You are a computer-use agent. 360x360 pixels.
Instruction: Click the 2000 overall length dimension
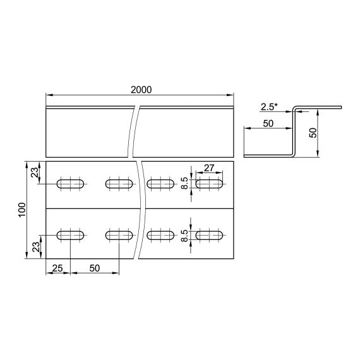click(141, 90)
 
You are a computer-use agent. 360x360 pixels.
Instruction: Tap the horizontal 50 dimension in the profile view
click(268, 124)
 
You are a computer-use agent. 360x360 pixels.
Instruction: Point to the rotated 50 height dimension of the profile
click(311, 132)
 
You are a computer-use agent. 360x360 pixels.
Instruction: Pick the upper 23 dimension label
click(35, 171)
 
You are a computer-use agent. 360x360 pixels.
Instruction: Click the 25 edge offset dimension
click(57, 268)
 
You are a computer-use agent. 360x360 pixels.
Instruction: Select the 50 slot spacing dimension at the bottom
click(95, 268)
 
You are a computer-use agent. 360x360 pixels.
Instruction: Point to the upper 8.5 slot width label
click(184, 184)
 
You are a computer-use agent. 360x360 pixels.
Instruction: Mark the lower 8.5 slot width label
click(184, 236)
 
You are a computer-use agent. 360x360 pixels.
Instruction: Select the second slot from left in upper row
click(119, 184)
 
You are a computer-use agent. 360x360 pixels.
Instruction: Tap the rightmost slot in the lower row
click(210, 235)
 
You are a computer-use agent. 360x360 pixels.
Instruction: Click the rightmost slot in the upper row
click(210, 184)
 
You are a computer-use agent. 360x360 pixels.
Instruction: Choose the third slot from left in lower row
click(160, 235)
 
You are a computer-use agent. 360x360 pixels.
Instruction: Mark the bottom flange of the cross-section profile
click(268, 155)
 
